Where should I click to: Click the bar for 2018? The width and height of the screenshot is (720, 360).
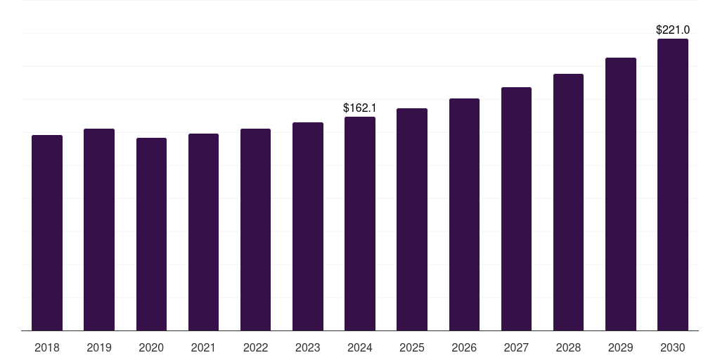pos(47,233)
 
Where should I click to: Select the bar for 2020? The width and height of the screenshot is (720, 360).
pos(151,234)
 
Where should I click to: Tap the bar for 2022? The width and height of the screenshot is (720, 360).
pos(255,230)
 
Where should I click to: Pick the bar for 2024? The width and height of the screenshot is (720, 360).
pos(360,224)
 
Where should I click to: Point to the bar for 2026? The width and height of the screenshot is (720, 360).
pos(464,214)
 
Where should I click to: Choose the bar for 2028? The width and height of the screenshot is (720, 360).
pos(568,202)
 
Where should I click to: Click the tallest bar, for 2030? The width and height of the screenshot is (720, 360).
pos(673,185)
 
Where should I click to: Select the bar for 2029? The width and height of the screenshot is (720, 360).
pos(621,194)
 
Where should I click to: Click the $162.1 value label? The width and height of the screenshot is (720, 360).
pos(360,108)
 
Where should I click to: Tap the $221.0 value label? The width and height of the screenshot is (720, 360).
pos(673,30)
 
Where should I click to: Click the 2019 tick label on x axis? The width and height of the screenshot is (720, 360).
pos(99,347)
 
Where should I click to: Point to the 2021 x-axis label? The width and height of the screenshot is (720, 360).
pos(203,347)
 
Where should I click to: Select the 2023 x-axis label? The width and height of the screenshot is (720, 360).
pos(307,347)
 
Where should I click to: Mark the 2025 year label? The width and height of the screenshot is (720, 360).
pos(412,347)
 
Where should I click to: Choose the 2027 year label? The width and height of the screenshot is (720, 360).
pos(516,347)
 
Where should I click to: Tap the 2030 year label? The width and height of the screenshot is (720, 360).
pos(673,347)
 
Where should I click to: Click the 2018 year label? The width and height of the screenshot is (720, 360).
pos(47,347)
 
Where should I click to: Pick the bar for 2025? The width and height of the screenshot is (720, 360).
pos(412,219)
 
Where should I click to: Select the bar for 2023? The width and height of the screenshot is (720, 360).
pos(307,226)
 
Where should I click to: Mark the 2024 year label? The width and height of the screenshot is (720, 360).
pos(360,347)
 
